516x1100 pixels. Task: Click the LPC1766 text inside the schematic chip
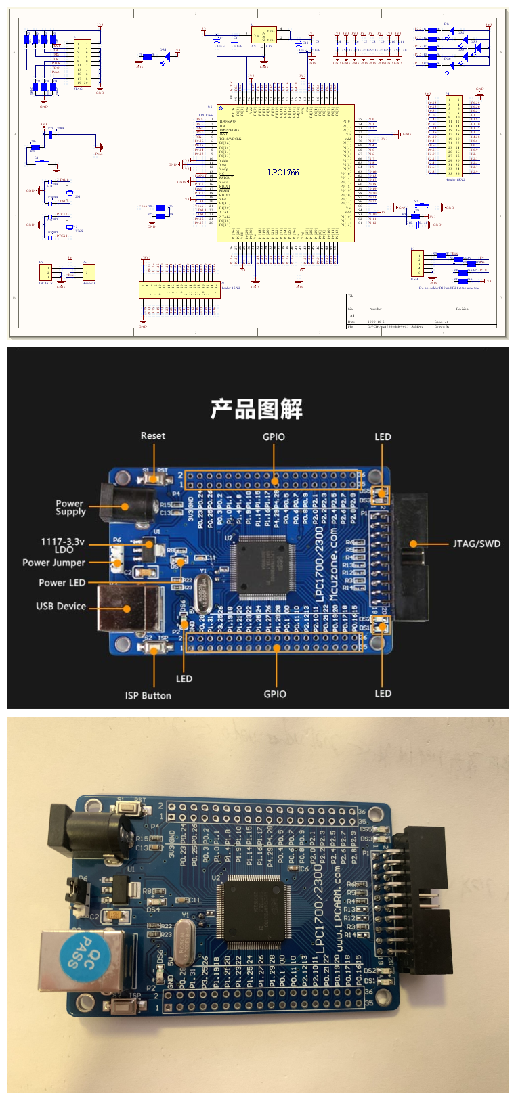tap(283, 172)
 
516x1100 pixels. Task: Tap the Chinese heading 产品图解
tap(257, 409)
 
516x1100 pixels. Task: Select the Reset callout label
tap(152, 435)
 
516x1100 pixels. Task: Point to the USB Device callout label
tap(61, 606)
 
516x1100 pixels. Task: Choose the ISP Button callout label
tap(148, 695)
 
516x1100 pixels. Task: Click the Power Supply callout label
tap(70, 507)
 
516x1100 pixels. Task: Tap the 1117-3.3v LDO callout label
tap(63, 545)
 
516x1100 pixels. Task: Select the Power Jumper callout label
tap(53, 563)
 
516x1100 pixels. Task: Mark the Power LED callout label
tap(62, 582)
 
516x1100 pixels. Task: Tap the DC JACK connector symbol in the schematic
tap(45, 271)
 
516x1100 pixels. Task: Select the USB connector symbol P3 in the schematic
tap(417, 264)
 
